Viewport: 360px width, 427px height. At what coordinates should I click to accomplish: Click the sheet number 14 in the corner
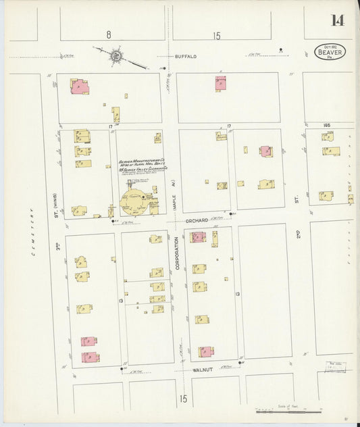pos(337,20)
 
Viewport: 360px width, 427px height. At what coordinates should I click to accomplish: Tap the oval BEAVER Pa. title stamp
pos(330,52)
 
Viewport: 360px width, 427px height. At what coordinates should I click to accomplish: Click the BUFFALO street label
pos(184,57)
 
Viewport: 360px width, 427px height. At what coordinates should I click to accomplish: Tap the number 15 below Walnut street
pos(183,399)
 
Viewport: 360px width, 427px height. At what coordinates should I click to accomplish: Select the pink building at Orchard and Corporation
pos(197,236)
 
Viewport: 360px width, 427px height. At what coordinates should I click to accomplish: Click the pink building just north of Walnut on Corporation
pos(205,351)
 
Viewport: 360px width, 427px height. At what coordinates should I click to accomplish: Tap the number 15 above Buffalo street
pos(216,36)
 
